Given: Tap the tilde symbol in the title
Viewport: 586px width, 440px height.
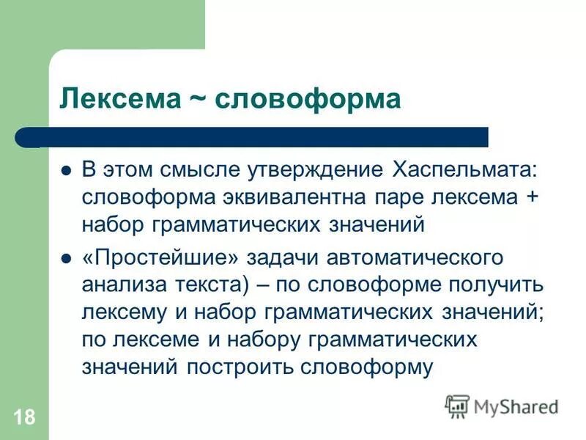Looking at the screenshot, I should (x=193, y=100).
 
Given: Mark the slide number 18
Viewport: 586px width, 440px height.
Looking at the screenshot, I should (x=23, y=418).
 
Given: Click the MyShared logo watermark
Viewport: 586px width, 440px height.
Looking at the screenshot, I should (x=502, y=406).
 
